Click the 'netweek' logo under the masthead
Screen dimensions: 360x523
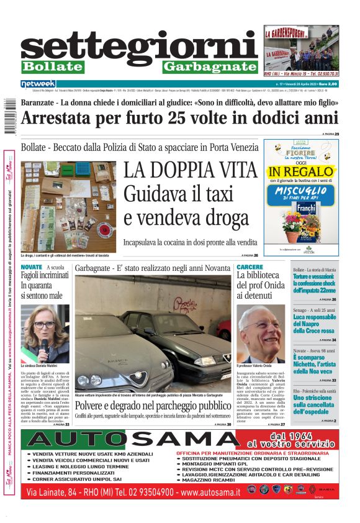(38, 83)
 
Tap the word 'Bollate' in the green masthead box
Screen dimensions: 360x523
(52, 66)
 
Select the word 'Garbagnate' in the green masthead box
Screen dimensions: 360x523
(209, 66)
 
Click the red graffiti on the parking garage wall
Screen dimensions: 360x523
(182, 305)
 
